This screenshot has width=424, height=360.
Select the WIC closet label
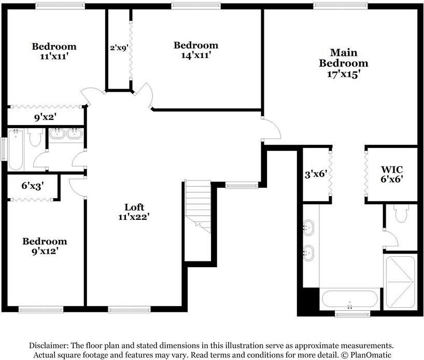392,170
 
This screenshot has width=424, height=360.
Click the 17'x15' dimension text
343,74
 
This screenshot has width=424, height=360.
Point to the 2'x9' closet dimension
119,47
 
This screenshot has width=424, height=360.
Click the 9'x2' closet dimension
45,117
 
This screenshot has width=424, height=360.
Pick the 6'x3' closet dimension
33,185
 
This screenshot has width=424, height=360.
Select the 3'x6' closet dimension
315,174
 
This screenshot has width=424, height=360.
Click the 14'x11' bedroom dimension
195,56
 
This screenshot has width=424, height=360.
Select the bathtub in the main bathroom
350,299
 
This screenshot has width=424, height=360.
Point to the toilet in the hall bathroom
35,138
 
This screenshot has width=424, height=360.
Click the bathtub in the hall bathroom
16,150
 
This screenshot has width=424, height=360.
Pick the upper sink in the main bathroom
309,226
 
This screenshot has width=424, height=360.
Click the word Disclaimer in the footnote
48,345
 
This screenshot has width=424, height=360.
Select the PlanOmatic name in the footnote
371,355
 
